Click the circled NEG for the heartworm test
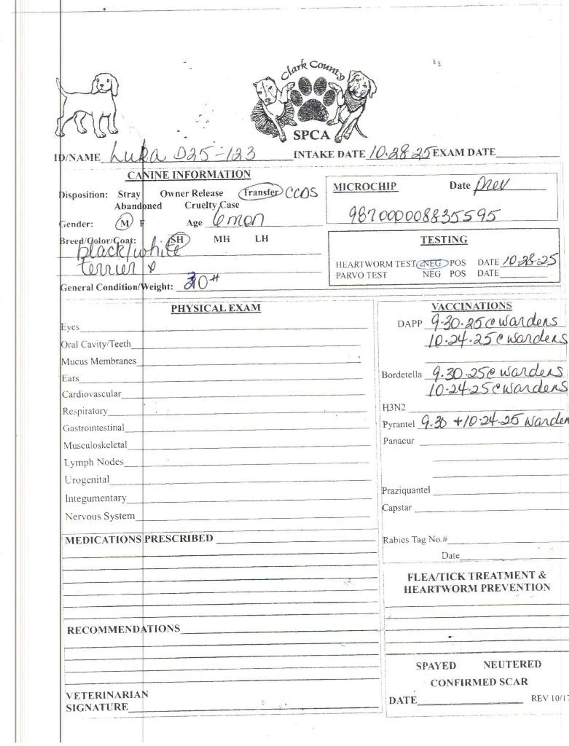point(432,263)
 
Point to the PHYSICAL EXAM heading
point(216,308)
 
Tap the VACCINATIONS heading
point(471,306)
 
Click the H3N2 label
point(394,407)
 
